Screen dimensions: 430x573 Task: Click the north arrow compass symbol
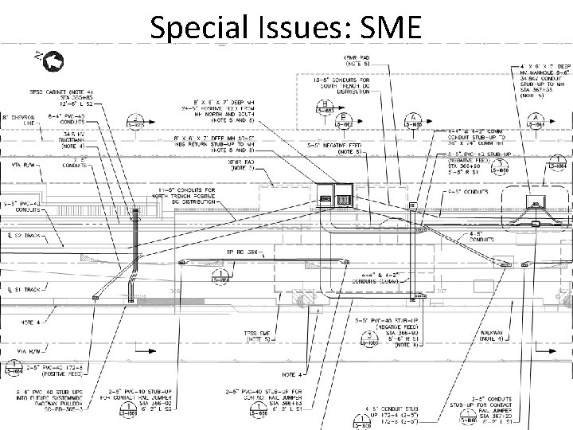pyautogui.click(x=55, y=60)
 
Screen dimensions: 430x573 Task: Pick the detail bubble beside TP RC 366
pyautogui.click(x=217, y=273)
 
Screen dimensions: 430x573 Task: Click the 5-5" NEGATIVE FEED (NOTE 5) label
pyautogui.click(x=335, y=147)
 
